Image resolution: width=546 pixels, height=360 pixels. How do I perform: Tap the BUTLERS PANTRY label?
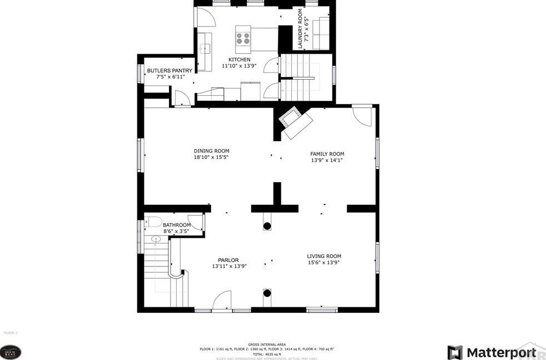point(169,71)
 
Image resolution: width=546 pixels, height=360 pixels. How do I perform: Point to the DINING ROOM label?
point(211,151)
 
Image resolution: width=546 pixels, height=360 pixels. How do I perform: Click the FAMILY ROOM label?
point(327,154)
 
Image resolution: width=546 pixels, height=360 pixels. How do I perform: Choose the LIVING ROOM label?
point(324,256)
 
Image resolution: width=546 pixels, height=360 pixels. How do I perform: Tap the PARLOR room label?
point(228,260)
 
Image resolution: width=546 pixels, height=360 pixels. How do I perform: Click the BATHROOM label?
point(176,225)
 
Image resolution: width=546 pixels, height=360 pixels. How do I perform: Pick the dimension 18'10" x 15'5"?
point(211,157)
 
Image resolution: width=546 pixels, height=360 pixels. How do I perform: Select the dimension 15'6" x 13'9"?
point(324,263)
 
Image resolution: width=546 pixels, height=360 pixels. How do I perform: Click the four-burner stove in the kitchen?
point(243,38)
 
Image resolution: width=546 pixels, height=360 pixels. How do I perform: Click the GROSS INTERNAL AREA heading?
point(266,344)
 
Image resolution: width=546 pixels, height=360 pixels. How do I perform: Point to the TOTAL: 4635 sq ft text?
point(266,354)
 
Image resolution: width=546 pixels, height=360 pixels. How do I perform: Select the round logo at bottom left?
point(11,352)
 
